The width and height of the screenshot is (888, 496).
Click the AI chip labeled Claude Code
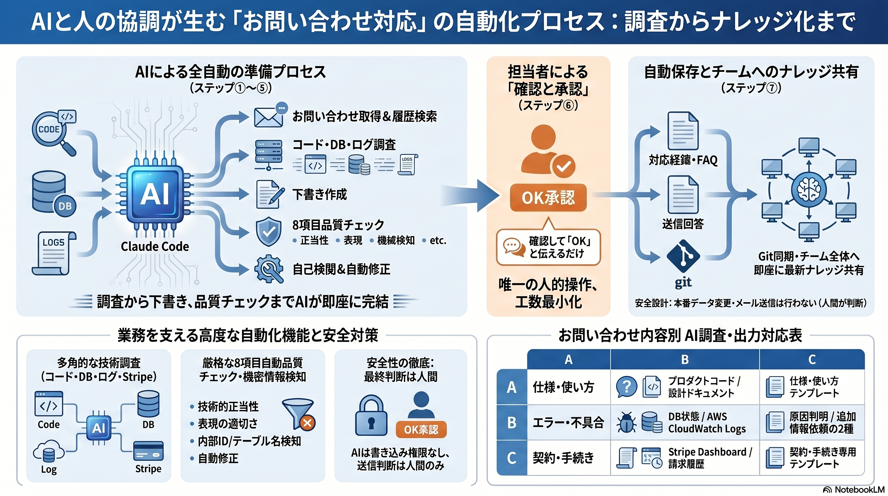155,194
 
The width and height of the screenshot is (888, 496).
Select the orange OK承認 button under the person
548,198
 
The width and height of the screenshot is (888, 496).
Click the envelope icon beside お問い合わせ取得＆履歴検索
268,116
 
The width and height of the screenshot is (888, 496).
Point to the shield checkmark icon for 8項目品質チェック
268,232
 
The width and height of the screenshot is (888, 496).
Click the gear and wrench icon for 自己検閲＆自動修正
268,269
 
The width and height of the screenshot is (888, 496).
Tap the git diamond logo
683,256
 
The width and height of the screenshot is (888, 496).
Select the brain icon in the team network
809,189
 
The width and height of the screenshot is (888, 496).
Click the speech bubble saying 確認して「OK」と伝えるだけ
548,247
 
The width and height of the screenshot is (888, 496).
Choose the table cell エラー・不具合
568,422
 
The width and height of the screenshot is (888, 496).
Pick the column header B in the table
685,359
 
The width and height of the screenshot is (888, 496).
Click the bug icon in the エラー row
626,422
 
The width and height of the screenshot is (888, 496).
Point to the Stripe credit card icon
148,451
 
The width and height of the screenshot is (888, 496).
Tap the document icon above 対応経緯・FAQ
682,131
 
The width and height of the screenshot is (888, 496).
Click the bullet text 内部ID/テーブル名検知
249,441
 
